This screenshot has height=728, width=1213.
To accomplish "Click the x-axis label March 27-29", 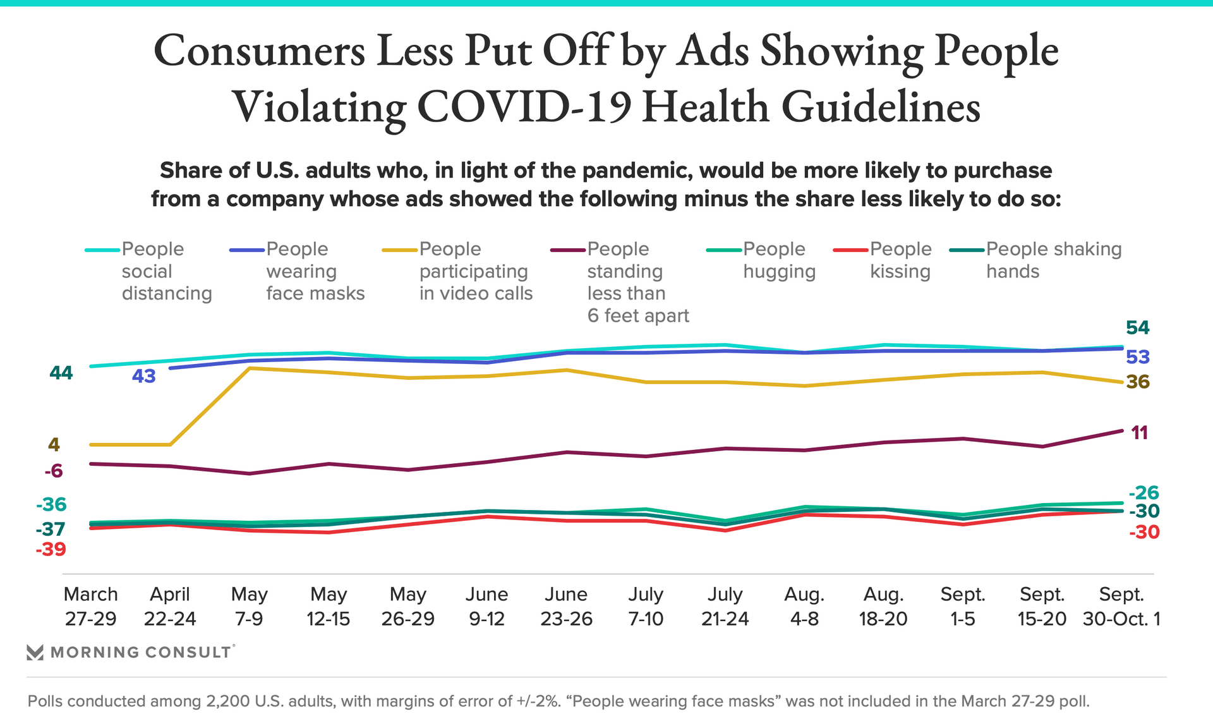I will pyautogui.click(x=90, y=606).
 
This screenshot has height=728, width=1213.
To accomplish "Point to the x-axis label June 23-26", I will pyautogui.click(x=566, y=606).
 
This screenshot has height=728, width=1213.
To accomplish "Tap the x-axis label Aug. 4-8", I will pyautogui.click(x=804, y=606).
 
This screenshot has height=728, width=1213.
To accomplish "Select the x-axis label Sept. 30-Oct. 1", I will pyautogui.click(x=1121, y=606).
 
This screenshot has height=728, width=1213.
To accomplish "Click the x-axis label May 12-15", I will pyautogui.click(x=329, y=606).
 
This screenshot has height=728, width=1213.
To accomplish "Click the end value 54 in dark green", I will pyautogui.click(x=1137, y=327).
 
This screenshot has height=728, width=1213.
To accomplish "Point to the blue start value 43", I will pyautogui.click(x=143, y=376).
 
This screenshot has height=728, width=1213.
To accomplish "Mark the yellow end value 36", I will pyautogui.click(x=1138, y=382).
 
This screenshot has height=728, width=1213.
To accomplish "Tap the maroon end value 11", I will pyautogui.click(x=1139, y=433).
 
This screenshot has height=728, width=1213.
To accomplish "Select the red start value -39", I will pyautogui.click(x=51, y=549).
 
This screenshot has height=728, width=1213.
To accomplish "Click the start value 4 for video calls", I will pyautogui.click(x=54, y=445).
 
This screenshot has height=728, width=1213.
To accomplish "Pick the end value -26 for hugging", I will pyautogui.click(x=1144, y=492).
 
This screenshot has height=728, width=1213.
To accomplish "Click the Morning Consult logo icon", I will pyautogui.click(x=35, y=652).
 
